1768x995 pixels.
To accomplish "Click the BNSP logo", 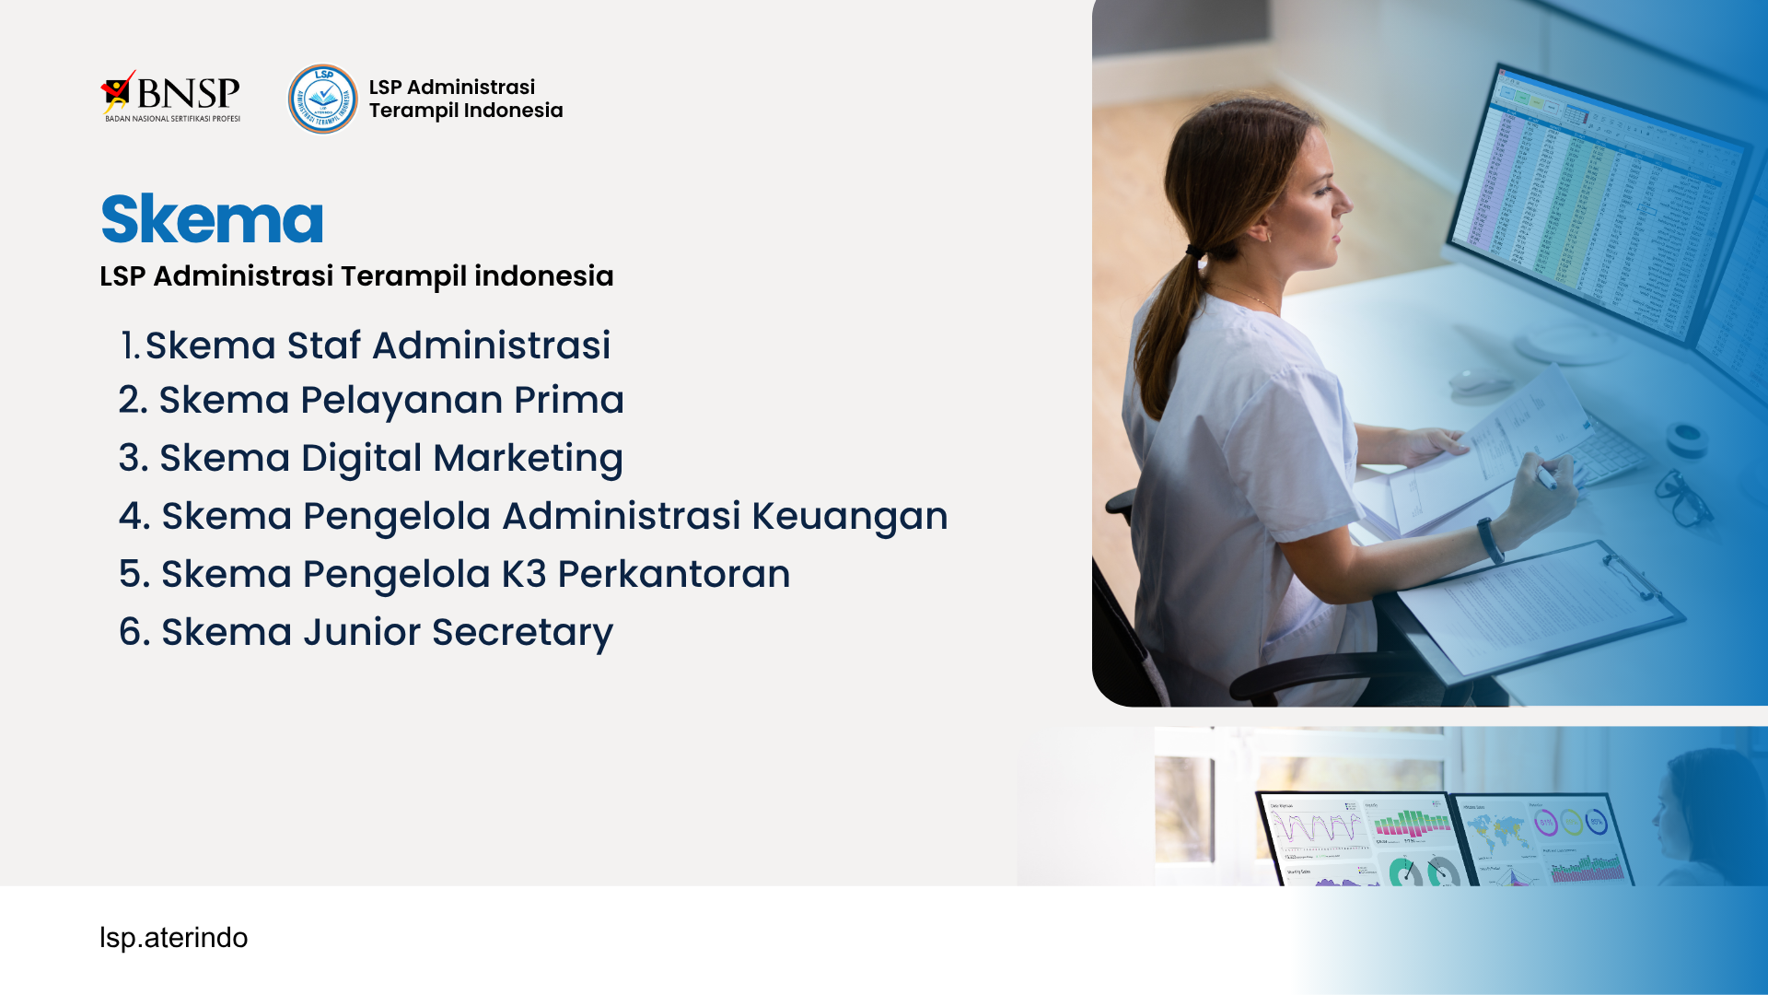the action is (x=170, y=96).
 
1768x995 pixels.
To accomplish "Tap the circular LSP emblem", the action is (x=323, y=99).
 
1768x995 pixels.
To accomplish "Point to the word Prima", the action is (x=569, y=400).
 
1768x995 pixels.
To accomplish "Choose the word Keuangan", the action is (x=850, y=517).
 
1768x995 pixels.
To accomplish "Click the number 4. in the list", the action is (x=134, y=516).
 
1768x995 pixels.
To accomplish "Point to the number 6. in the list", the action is (x=134, y=632).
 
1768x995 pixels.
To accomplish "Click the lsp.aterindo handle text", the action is (x=173, y=938).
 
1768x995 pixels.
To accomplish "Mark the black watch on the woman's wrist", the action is (x=1490, y=541).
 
